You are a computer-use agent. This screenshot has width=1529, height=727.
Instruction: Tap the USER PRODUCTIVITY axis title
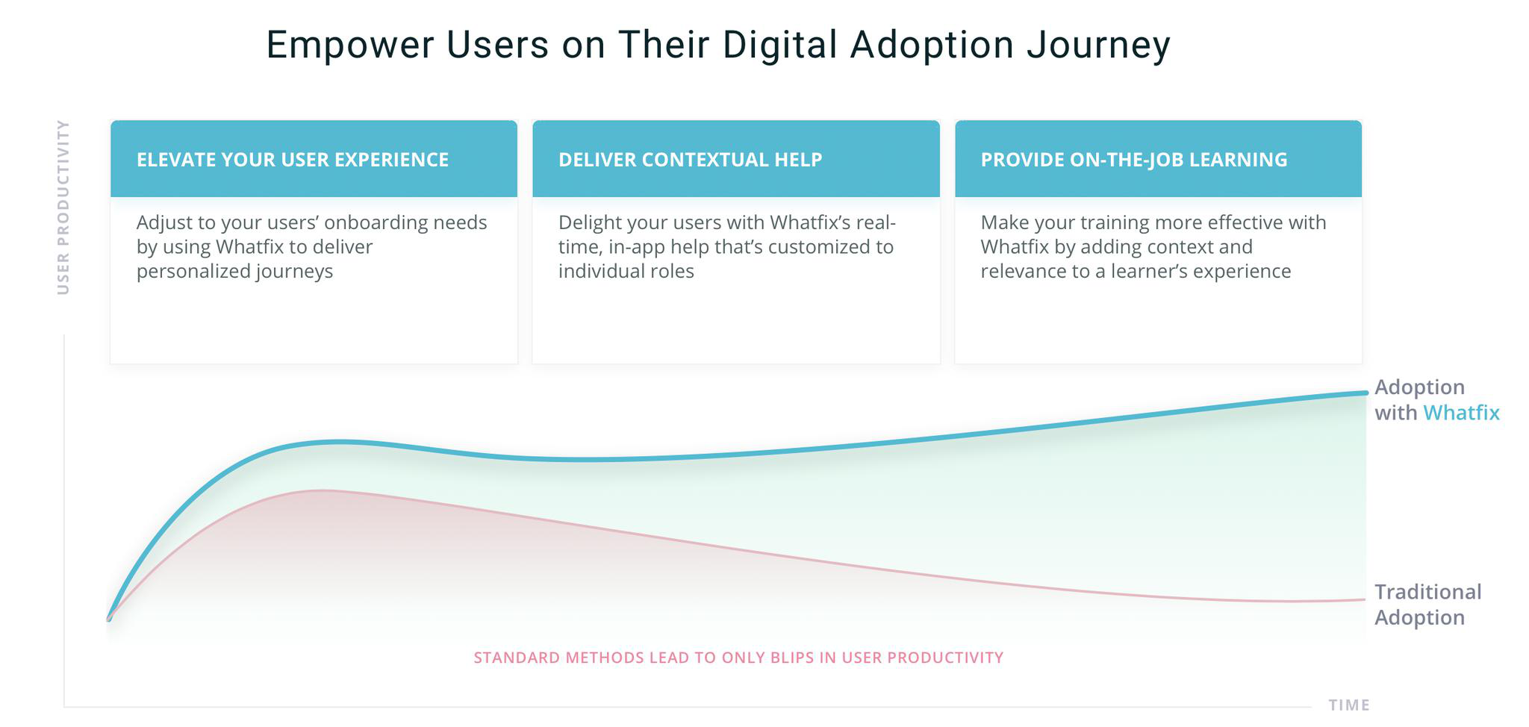pyautogui.click(x=63, y=208)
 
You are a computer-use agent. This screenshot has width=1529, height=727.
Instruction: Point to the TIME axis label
pyautogui.click(x=1348, y=705)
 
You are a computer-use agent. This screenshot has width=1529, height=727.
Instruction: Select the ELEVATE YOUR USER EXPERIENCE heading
pyautogui.click(x=293, y=160)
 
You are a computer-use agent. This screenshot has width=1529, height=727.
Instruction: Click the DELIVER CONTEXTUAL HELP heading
pyautogui.click(x=690, y=160)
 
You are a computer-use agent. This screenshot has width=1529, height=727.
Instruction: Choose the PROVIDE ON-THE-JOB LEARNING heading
pyautogui.click(x=1133, y=160)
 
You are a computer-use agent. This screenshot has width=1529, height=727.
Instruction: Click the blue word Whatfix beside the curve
pyautogui.click(x=1461, y=413)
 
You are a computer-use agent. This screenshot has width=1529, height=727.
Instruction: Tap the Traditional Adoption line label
pyautogui.click(x=1427, y=605)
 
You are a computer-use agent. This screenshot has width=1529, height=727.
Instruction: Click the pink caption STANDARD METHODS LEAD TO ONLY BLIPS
pyautogui.click(x=738, y=658)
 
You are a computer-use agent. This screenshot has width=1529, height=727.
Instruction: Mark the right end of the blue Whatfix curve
pyautogui.click(x=1365, y=393)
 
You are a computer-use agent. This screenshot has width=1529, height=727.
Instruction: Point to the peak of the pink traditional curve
pyautogui.click(x=321, y=490)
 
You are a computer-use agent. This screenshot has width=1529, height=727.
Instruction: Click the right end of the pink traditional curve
pyautogui.click(x=1364, y=599)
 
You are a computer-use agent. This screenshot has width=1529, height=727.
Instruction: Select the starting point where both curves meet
pyautogui.click(x=109, y=619)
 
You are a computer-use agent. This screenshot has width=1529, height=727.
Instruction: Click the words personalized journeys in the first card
pyautogui.click(x=234, y=271)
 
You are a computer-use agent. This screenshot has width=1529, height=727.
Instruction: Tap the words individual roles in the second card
pyautogui.click(x=626, y=271)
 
